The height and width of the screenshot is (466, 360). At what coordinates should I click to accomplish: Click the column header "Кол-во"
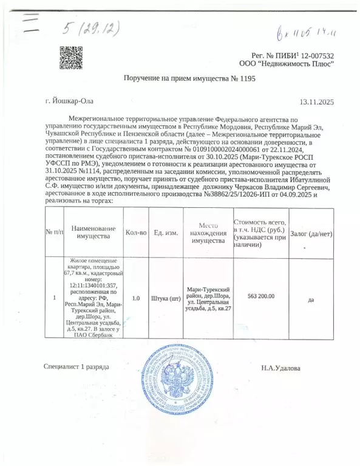137,232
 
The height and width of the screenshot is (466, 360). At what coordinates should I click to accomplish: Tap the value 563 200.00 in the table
261,296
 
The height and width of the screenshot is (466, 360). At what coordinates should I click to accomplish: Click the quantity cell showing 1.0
136,298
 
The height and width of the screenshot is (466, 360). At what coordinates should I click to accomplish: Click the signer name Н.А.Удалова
280,368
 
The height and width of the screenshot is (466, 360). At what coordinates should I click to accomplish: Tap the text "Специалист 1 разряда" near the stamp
76,367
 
